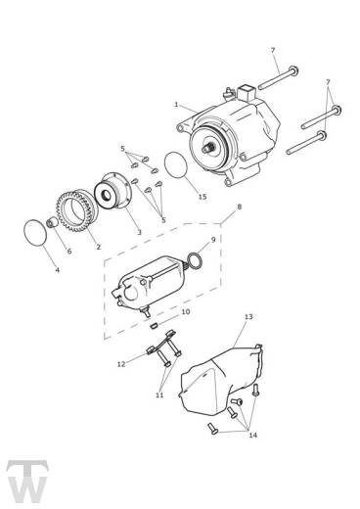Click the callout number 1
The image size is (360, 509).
coord(175,105)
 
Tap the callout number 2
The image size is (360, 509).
coord(98,246)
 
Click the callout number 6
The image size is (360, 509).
coord(68,252)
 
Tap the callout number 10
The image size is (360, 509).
coord(186,312)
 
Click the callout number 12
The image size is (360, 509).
coord(120,363)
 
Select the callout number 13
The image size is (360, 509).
coord(248,318)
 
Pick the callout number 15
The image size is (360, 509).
coord(202,197)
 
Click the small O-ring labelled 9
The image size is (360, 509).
coord(195,260)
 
